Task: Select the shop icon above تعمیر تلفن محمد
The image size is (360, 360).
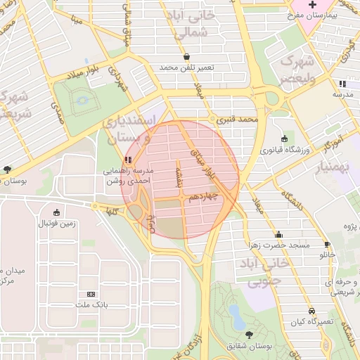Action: pos(186,57)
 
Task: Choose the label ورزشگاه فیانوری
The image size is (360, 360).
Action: pos(283,149)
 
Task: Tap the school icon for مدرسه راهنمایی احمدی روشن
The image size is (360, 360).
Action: pos(127,160)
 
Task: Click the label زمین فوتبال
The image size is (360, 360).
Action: pos(56,224)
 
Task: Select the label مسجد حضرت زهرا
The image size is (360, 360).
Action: pos(279,245)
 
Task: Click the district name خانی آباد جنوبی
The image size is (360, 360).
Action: pos(264,273)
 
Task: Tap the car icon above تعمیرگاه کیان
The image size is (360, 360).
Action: pos(311,311)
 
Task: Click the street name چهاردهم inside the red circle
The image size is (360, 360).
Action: pos(202,198)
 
